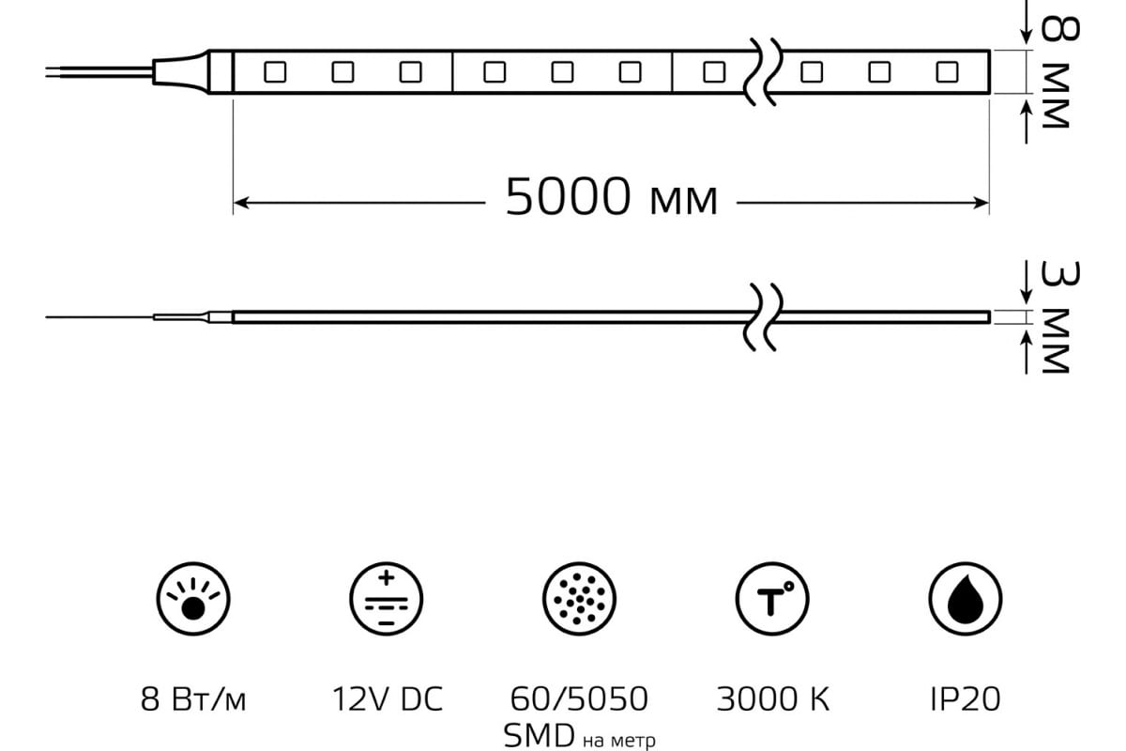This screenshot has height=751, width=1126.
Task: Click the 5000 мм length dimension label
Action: click(611, 198)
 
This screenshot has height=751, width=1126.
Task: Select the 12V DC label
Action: click(387, 699)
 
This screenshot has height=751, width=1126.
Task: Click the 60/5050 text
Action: click(579, 699)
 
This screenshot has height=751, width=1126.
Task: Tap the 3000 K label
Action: click(772, 699)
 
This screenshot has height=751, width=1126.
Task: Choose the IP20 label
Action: click(965, 699)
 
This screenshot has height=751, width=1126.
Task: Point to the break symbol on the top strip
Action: click(763, 71)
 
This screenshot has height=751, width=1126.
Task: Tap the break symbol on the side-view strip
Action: click(763, 316)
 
